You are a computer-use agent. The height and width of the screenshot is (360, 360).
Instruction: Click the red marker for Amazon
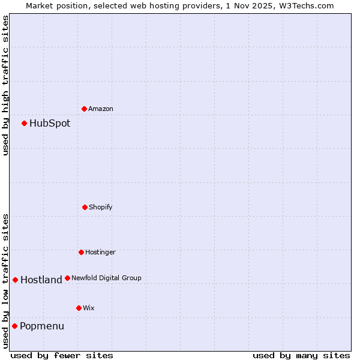[x=85, y=109]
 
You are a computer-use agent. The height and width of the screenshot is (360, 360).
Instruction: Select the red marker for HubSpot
[x=25, y=123]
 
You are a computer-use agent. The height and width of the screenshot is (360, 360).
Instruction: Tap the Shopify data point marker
[x=85, y=207]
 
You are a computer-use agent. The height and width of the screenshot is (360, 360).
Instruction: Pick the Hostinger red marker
[x=81, y=252]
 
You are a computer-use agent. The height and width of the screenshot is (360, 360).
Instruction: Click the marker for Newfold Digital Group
[x=67, y=278]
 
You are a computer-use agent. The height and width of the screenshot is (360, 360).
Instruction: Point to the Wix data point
[x=79, y=308]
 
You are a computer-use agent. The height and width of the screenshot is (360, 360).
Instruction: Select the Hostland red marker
[x=15, y=280]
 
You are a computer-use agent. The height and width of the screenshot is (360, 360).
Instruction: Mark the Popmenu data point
[x=14, y=326]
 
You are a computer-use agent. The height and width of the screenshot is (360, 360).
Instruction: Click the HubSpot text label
[x=50, y=124]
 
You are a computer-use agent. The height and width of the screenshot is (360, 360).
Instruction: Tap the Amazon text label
[x=101, y=109]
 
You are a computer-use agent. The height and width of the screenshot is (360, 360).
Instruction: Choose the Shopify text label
[x=101, y=208]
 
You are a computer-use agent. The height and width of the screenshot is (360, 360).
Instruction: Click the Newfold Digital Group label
[x=107, y=278]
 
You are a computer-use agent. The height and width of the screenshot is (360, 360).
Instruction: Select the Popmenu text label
[x=42, y=326]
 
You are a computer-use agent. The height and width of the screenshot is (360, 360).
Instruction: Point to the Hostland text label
[x=41, y=280]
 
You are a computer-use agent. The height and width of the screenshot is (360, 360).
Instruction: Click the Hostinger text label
[x=100, y=253]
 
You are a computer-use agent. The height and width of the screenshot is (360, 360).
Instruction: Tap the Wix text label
[x=89, y=308]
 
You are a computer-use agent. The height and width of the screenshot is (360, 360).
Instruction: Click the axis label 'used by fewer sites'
[x=62, y=355]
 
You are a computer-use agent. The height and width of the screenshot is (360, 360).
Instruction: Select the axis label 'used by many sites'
[x=301, y=355]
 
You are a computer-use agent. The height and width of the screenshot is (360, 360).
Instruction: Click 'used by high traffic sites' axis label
[x=6, y=85]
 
